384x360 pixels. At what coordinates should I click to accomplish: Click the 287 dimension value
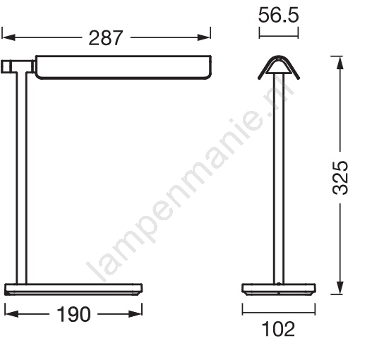[105, 38]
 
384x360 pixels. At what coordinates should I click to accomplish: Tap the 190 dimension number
[73, 314]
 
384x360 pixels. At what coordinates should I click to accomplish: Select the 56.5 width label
[278, 16]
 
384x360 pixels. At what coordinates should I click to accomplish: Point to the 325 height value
[340, 178]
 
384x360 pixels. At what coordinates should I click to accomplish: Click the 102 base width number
[278, 329]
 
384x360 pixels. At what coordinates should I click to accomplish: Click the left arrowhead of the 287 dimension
[8, 37]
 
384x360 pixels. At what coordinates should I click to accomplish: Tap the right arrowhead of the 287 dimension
[204, 37]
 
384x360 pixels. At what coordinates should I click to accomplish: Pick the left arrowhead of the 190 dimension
[11, 314]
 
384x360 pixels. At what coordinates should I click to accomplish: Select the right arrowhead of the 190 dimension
[136, 314]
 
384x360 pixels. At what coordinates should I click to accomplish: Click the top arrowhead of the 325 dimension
[340, 63]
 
